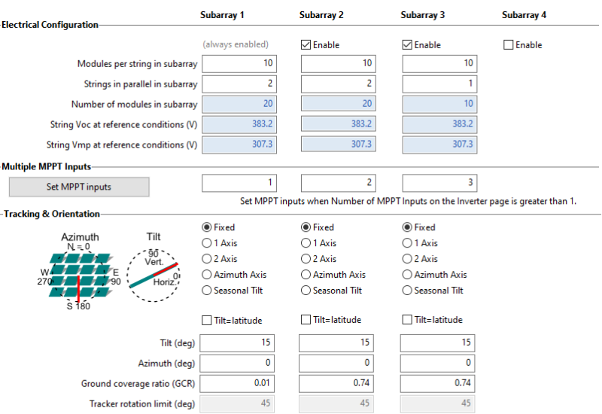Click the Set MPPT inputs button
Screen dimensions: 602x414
[x=79, y=187]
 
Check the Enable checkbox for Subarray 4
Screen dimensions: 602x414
[x=508, y=45]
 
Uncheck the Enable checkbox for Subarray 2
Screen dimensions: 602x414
[x=306, y=45]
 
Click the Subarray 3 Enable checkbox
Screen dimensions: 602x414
[x=407, y=45]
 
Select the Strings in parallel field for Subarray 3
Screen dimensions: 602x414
[x=439, y=84]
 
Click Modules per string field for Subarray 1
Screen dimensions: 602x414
[x=239, y=63]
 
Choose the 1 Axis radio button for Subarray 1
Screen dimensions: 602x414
[x=206, y=243]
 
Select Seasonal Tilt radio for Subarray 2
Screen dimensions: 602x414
[x=306, y=291]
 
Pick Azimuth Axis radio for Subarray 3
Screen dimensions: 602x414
[x=407, y=275]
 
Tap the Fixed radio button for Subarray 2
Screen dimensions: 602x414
[x=306, y=227]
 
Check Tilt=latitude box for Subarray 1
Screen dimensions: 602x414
[x=206, y=321]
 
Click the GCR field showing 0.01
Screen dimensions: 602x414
[x=237, y=383]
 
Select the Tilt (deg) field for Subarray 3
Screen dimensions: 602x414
[x=437, y=342]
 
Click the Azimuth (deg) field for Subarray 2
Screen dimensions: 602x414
[x=336, y=363]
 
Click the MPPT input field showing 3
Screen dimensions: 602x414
[x=439, y=183]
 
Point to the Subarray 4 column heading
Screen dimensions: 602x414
[x=524, y=15]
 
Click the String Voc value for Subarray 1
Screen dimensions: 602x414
[x=239, y=124]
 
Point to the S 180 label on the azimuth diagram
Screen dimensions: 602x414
[x=78, y=306]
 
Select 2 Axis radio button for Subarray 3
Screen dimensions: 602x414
[x=407, y=259]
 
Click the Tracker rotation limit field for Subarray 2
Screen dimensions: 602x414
[x=336, y=403]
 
